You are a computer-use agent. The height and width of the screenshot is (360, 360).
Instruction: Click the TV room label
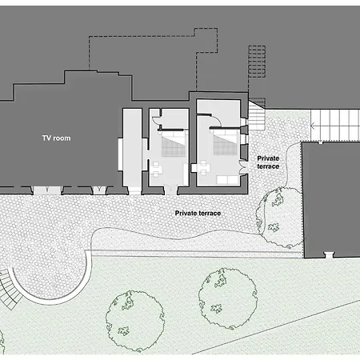(x=56, y=138)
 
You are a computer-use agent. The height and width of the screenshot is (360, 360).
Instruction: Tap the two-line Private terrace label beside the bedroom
(x=268, y=162)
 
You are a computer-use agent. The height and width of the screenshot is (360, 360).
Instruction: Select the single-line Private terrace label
(x=198, y=213)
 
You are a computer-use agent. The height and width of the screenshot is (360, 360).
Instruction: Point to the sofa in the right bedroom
(x=227, y=180)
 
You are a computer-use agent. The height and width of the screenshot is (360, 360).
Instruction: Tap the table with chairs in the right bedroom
(x=201, y=167)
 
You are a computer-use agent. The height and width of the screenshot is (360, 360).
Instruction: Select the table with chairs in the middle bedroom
(x=155, y=170)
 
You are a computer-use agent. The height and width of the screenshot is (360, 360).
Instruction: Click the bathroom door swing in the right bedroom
(x=216, y=121)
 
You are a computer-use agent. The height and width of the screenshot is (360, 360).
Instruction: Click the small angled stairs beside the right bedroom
(x=257, y=115)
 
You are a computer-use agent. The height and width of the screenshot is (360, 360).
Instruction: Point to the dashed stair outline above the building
(x=257, y=62)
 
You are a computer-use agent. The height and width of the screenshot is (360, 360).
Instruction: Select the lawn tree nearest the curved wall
(x=135, y=321)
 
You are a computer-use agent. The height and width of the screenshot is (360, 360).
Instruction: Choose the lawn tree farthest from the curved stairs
(x=228, y=298)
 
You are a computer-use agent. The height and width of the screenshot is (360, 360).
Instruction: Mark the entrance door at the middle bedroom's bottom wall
(x=170, y=190)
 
